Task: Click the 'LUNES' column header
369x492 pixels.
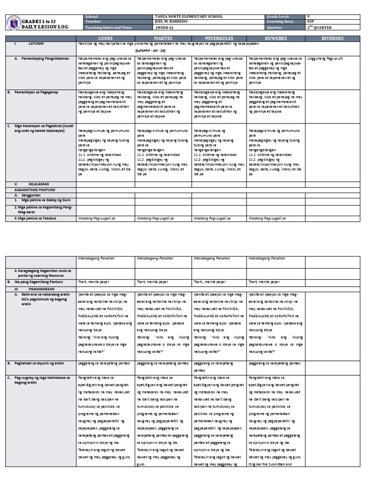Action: pyautogui.click(x=105, y=37)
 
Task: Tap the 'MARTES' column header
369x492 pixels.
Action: pyautogui.click(x=162, y=37)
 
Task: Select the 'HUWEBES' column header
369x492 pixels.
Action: pyautogui.click(x=275, y=37)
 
